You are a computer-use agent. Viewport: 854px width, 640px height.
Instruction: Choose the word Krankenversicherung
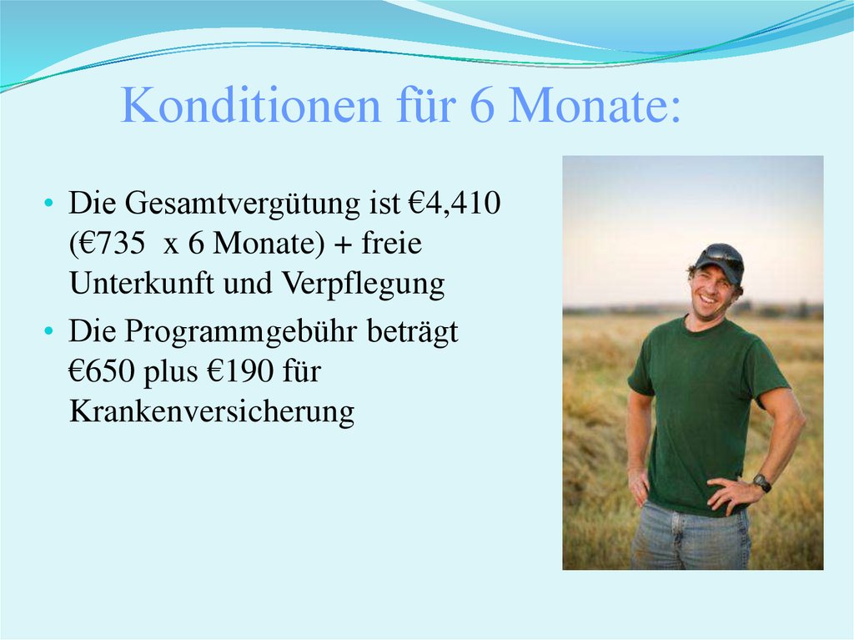coord(212,412)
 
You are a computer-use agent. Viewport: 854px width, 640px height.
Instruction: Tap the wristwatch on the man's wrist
coord(761,482)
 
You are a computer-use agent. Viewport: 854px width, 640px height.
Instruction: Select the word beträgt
coord(414,333)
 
